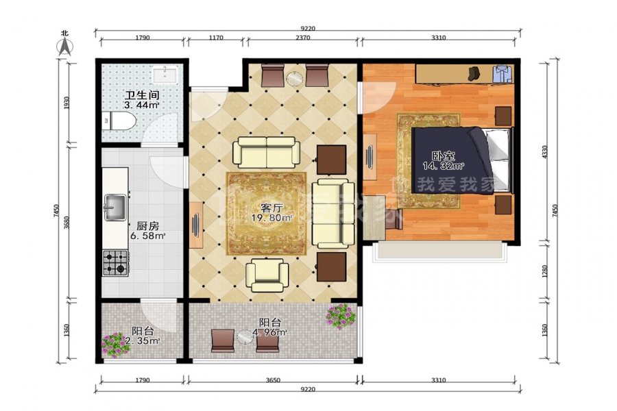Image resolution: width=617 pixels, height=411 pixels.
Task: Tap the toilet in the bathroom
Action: click(119, 121)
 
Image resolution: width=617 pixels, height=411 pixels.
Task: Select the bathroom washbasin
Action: click(165, 75)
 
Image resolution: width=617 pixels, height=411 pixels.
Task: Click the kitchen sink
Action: click(115, 208)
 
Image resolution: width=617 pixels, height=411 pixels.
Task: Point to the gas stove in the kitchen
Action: click(116, 263)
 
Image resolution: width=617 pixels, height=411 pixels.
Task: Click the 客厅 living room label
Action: click(272, 208)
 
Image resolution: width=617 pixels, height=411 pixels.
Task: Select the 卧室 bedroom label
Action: click(443, 155)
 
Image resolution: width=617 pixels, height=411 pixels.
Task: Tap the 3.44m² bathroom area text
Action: click(142, 105)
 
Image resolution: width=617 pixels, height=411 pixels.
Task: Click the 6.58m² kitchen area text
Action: click(147, 236)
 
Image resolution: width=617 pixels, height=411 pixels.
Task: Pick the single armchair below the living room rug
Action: click(267, 275)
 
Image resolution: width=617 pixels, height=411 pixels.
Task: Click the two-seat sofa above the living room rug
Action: click(267, 152)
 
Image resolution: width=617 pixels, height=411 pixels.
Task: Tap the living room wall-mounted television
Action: click(195, 225)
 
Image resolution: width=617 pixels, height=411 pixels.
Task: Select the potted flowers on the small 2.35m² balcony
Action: click(114, 345)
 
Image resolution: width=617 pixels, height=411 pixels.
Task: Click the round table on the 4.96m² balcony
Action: click(246, 338)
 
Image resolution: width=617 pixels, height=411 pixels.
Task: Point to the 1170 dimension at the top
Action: click(216, 38)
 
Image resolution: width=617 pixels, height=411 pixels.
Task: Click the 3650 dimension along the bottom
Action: click(273, 380)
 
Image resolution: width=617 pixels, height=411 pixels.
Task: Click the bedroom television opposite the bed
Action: click(370, 157)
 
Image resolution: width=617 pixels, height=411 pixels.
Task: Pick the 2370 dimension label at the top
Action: click(302, 38)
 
